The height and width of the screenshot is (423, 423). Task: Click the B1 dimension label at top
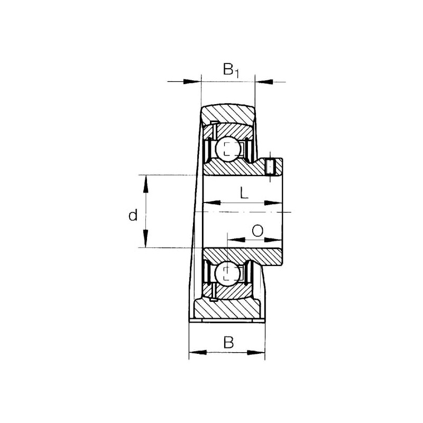[x=231, y=70]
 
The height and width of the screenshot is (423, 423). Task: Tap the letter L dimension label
[x=244, y=193]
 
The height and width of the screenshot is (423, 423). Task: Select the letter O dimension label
[x=258, y=231]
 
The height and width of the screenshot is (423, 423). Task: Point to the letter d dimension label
[x=133, y=215]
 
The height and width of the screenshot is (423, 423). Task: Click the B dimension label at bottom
[x=228, y=342]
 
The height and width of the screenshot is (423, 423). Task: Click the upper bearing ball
[x=227, y=149]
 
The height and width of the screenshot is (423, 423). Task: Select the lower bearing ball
[x=227, y=273]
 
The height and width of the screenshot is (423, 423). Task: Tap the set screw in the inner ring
[x=270, y=167]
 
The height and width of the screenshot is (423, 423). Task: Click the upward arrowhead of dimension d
[x=146, y=184]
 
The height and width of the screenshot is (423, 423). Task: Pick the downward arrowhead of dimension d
[x=146, y=238]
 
